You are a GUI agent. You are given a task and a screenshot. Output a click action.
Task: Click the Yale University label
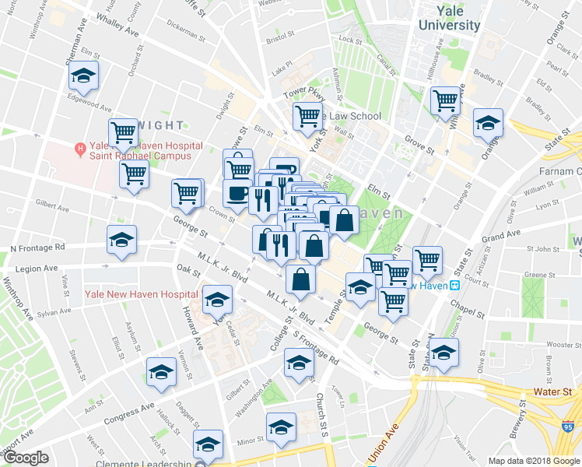pos(449,18)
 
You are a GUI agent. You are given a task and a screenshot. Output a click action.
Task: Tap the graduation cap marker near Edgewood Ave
pos(82,76)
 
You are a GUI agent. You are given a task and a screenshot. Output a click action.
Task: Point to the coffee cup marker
pos(237,192)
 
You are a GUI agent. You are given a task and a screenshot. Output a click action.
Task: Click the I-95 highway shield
pos(570,425)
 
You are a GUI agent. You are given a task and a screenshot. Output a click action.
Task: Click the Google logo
pos(26,458)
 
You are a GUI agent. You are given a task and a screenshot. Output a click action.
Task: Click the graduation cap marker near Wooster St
pos(443,353)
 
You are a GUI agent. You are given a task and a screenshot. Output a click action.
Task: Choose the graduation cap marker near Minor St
pos(281,427)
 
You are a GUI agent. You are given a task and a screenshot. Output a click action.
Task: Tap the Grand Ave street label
pos(500,235)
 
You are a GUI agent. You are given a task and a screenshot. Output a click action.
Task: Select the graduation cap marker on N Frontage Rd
pos(121,241)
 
